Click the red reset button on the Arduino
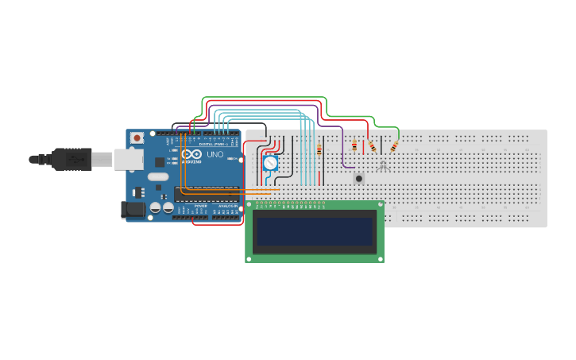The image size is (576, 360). click(x=137, y=137)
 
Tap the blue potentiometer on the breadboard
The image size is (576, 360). click(x=270, y=163)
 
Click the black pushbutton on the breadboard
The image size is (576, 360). click(x=359, y=179)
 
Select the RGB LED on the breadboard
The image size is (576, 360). click(x=383, y=165)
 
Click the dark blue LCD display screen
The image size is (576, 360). click(x=314, y=232)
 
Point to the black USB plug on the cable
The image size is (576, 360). click(x=71, y=159)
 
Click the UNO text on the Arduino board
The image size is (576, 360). click(x=215, y=154)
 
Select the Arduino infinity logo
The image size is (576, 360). click(x=191, y=154)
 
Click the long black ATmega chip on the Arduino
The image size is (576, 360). click(x=206, y=193)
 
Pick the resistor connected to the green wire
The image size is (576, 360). click(x=394, y=146)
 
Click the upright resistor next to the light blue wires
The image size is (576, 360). click(x=319, y=149)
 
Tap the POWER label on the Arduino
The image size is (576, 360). click(x=200, y=205)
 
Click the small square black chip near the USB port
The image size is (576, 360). click(x=160, y=161)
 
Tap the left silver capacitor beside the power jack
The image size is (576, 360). click(x=156, y=207)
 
